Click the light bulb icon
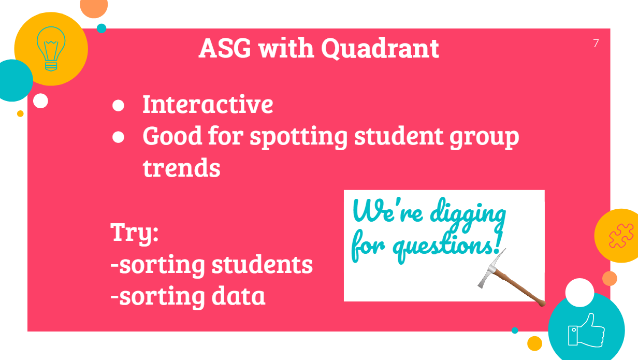pyautogui.click(x=51, y=49)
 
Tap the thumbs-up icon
pyautogui.click(x=586, y=330)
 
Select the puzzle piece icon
pyautogui.click(x=621, y=236)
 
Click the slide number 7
pyautogui.click(x=596, y=44)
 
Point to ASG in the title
pyautogui.click(x=225, y=48)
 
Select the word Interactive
pyautogui.click(x=208, y=104)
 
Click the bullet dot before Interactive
pyautogui.click(x=118, y=105)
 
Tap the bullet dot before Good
pyautogui.click(x=118, y=137)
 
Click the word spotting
pyautogui.click(x=298, y=137)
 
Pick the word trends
pyautogui.click(x=181, y=168)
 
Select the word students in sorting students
pyautogui.click(x=262, y=264)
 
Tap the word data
pyautogui.click(x=238, y=296)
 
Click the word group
pyautogui.click(x=484, y=138)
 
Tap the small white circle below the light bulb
pyautogui.click(x=40, y=101)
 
